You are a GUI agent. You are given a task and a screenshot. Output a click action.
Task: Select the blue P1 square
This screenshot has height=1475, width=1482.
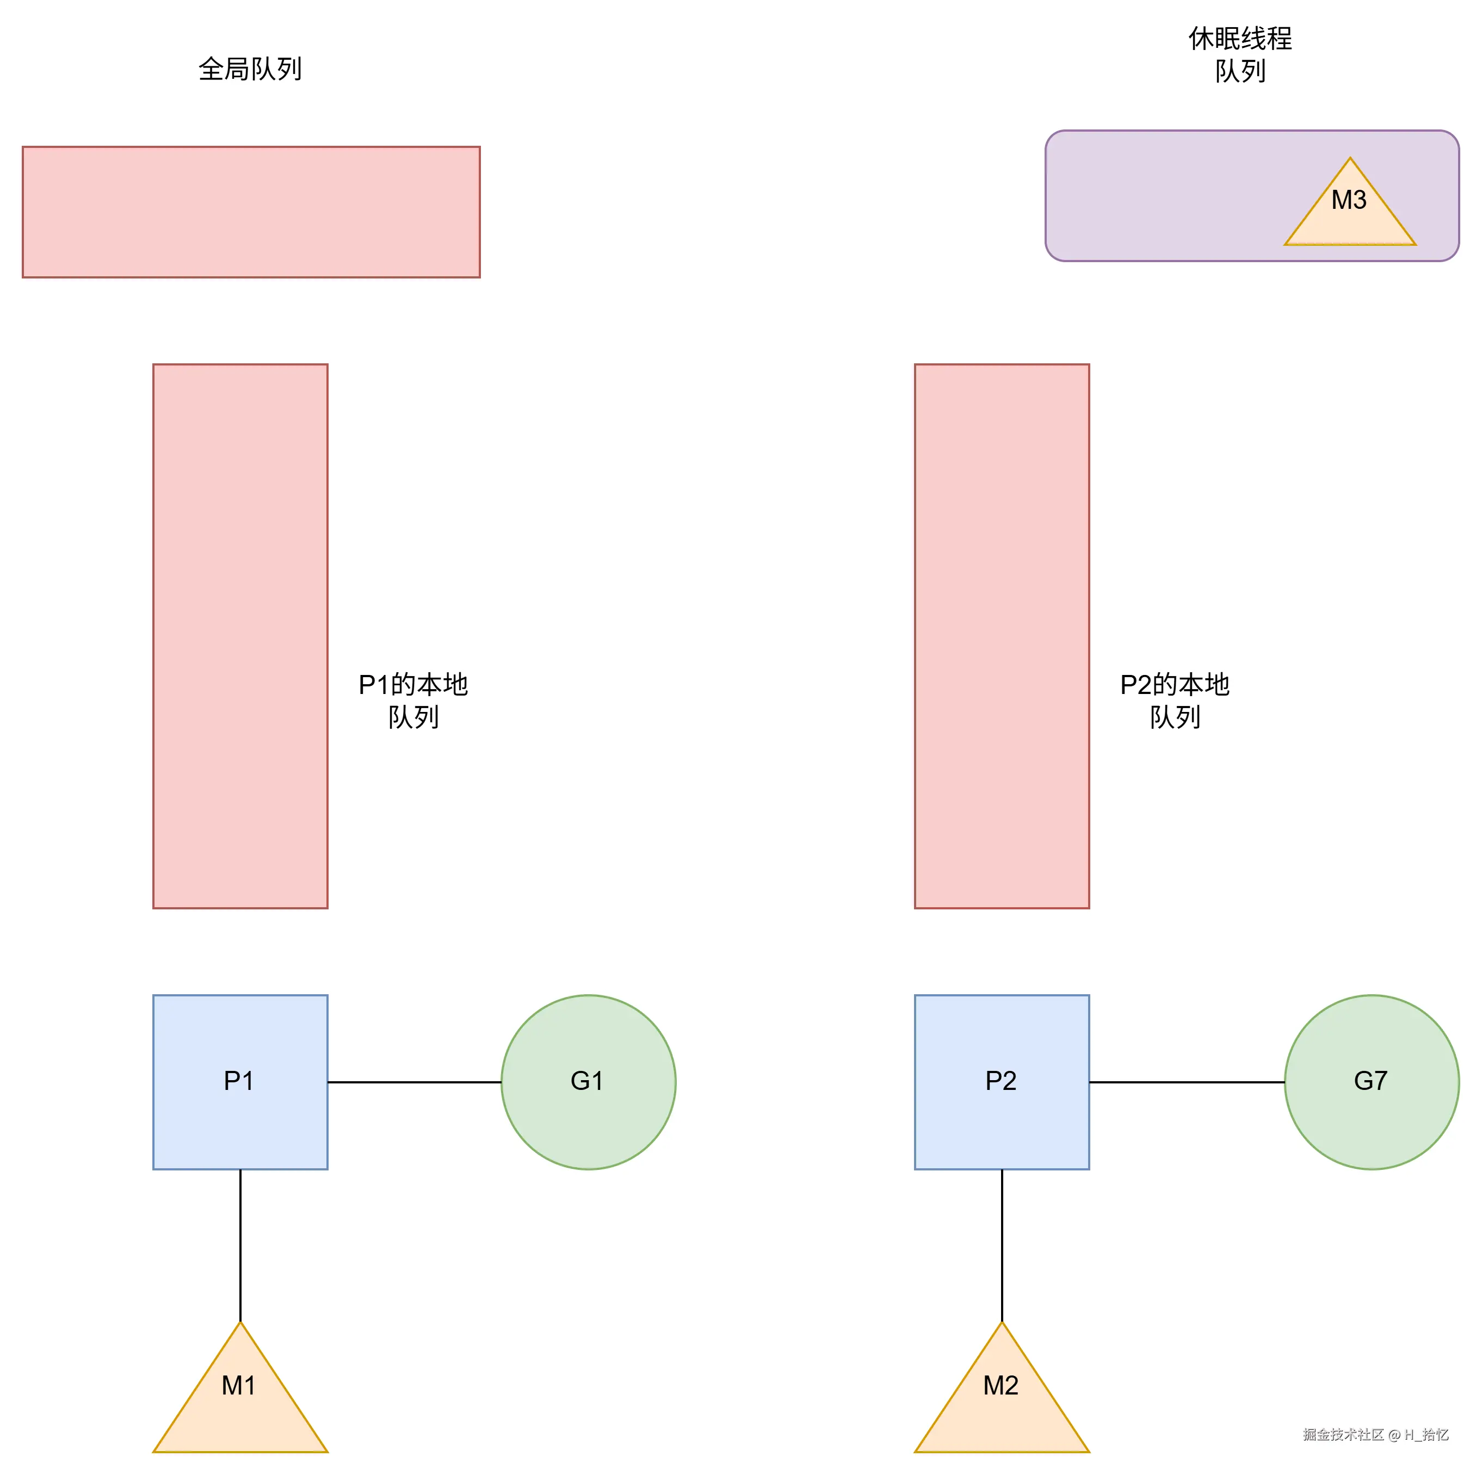tap(240, 1082)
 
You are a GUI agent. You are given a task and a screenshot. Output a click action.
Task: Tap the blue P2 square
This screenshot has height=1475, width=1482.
tap(1001, 1082)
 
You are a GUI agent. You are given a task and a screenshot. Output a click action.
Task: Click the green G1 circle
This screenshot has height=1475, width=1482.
tap(588, 1082)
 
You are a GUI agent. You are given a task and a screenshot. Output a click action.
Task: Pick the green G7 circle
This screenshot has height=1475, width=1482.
tap(1372, 1082)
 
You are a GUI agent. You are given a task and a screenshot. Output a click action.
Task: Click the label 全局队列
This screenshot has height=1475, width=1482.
tap(250, 69)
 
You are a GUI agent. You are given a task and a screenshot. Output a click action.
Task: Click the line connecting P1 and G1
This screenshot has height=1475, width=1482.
tap(414, 1082)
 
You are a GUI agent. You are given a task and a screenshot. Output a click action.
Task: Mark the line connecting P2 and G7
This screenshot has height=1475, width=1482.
tap(1186, 1082)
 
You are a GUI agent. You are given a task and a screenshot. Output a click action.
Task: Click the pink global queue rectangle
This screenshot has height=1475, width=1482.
tap(251, 212)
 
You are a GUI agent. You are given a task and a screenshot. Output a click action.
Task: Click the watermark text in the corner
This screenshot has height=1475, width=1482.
tap(1375, 1434)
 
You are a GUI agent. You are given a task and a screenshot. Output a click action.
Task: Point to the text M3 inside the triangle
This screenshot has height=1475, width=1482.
tap(1349, 200)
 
